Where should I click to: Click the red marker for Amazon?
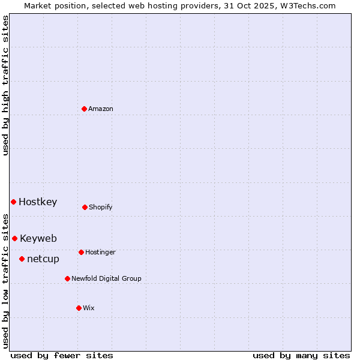click(85, 109)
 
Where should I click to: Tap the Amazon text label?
click(101, 109)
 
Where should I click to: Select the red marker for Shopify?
click(85, 207)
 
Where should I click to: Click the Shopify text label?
click(101, 208)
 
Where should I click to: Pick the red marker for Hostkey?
click(13, 202)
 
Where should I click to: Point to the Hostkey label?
click(38, 202)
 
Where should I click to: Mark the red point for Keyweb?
click(15, 238)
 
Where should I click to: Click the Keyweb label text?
click(38, 239)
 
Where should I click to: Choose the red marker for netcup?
click(22, 259)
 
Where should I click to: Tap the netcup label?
click(43, 259)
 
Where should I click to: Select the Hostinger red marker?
click(81, 252)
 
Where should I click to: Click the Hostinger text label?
click(100, 253)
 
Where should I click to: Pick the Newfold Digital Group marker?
click(67, 278)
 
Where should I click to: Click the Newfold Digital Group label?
click(106, 279)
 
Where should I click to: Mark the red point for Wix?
click(79, 308)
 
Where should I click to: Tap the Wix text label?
click(89, 308)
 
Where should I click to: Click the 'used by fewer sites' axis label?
click(62, 356)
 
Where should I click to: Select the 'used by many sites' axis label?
click(301, 356)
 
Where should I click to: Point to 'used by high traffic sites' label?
click(5, 85)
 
